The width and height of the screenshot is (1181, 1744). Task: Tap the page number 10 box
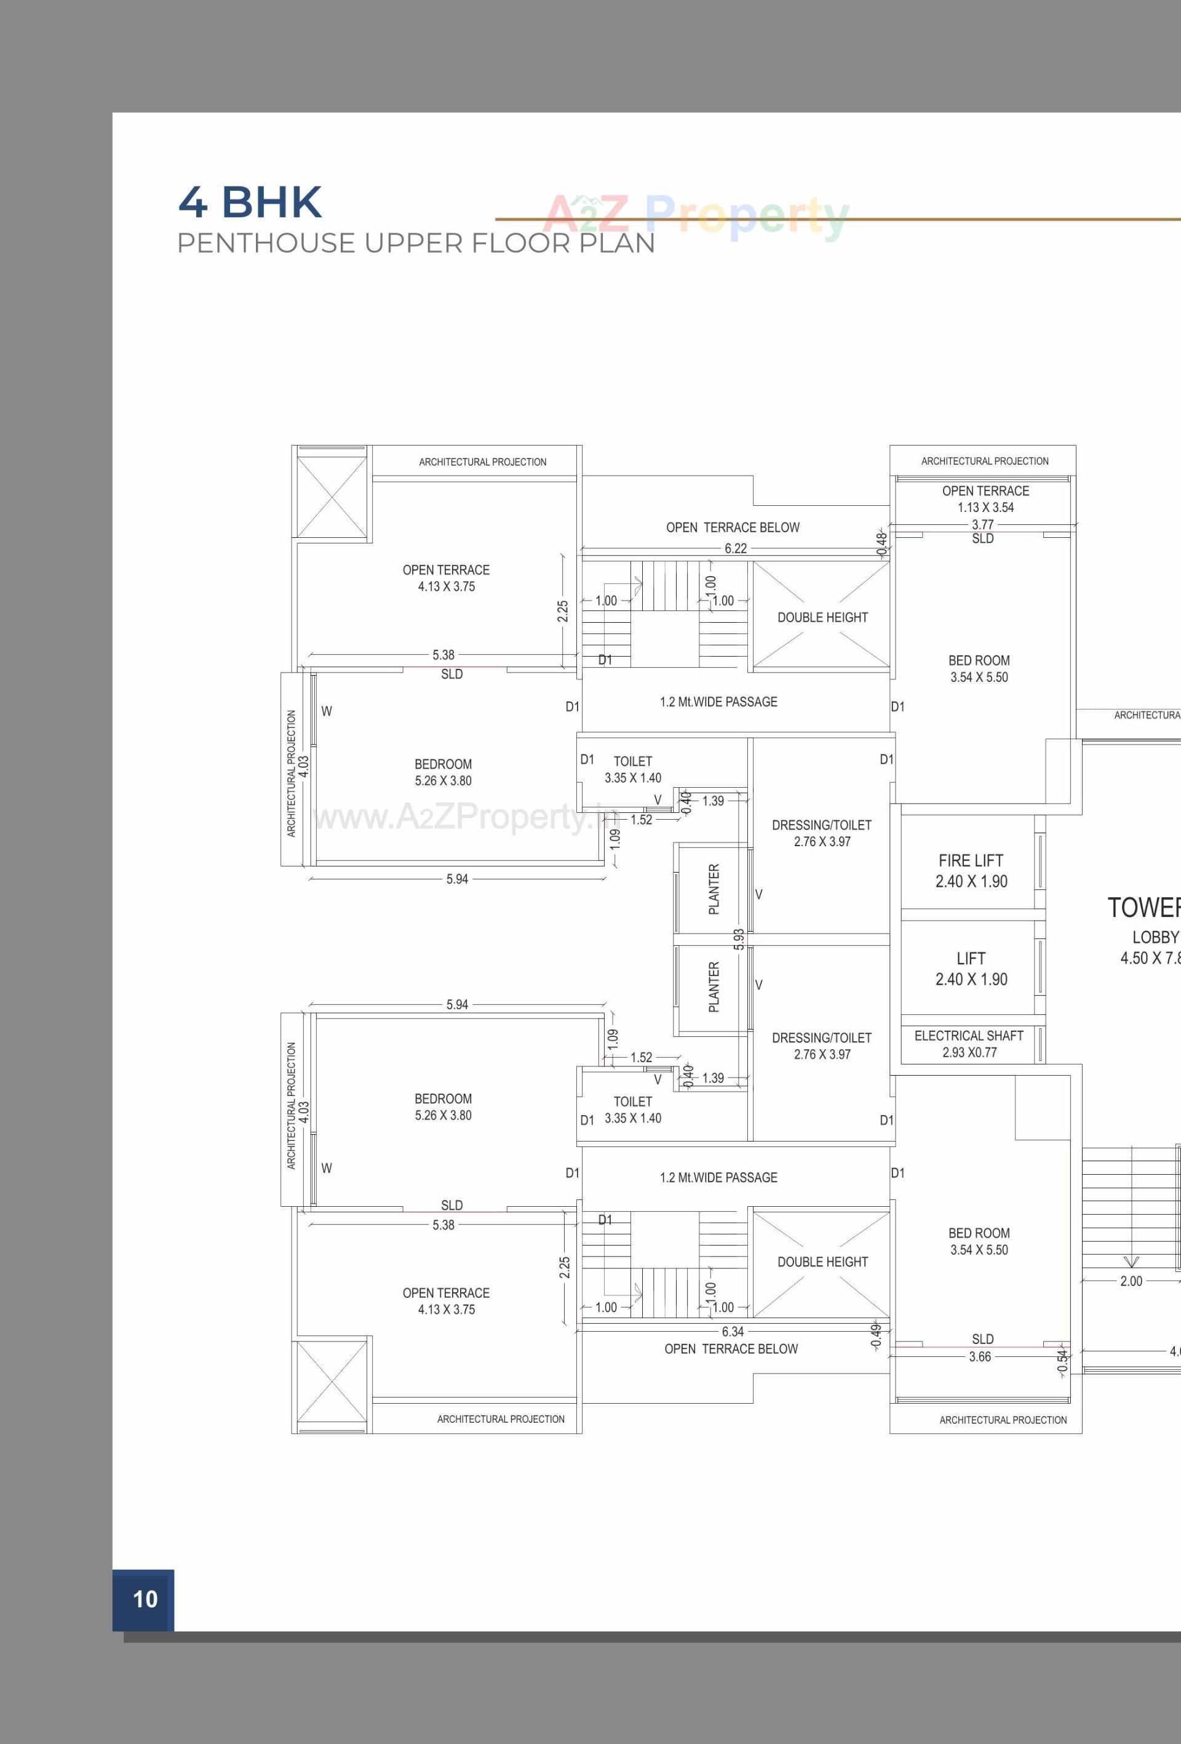click(x=143, y=1599)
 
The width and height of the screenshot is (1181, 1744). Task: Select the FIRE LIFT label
click(x=970, y=861)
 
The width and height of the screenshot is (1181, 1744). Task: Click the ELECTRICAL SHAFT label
click(x=968, y=1036)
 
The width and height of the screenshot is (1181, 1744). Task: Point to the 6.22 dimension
click(x=735, y=548)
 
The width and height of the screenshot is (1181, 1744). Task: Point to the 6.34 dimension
click(x=733, y=1331)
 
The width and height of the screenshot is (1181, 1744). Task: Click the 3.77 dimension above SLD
click(x=982, y=524)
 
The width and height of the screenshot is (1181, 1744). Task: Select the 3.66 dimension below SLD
click(x=979, y=1357)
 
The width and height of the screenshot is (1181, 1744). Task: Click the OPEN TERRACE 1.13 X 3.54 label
click(x=985, y=498)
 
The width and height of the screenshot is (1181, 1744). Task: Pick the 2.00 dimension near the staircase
click(x=1131, y=1281)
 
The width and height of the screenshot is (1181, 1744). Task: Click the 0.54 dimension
click(x=1062, y=1361)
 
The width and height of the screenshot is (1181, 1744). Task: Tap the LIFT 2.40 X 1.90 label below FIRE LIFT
click(x=970, y=969)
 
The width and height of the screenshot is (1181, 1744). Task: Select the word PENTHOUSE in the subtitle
click(x=266, y=243)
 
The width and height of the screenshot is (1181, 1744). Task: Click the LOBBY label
click(x=1155, y=937)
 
